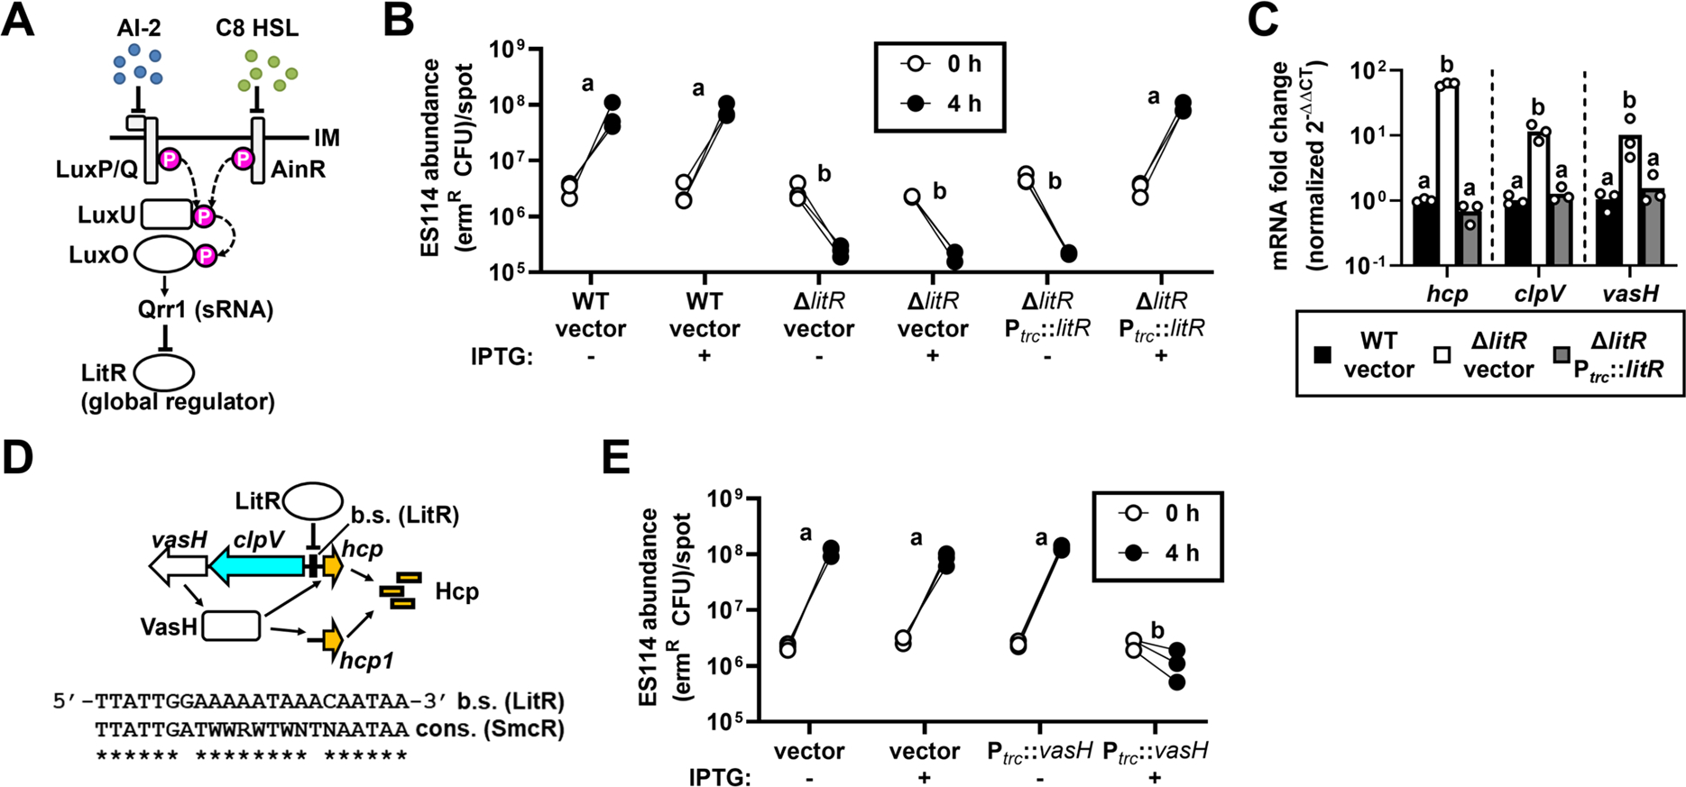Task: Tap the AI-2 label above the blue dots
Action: click(138, 27)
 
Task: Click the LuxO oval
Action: click(164, 255)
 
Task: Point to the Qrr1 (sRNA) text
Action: click(206, 309)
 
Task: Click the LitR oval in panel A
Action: click(164, 371)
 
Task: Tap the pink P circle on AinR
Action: click(243, 159)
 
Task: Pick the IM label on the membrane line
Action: click(327, 138)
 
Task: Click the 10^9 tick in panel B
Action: click(513, 49)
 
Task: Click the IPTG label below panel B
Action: click(502, 357)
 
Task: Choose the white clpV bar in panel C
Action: click(1539, 198)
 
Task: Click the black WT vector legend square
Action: click(1322, 355)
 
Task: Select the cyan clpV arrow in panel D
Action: click(256, 565)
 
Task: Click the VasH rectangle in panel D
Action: click(231, 626)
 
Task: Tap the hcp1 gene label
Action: click(367, 662)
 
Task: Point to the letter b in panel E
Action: click(1157, 631)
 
